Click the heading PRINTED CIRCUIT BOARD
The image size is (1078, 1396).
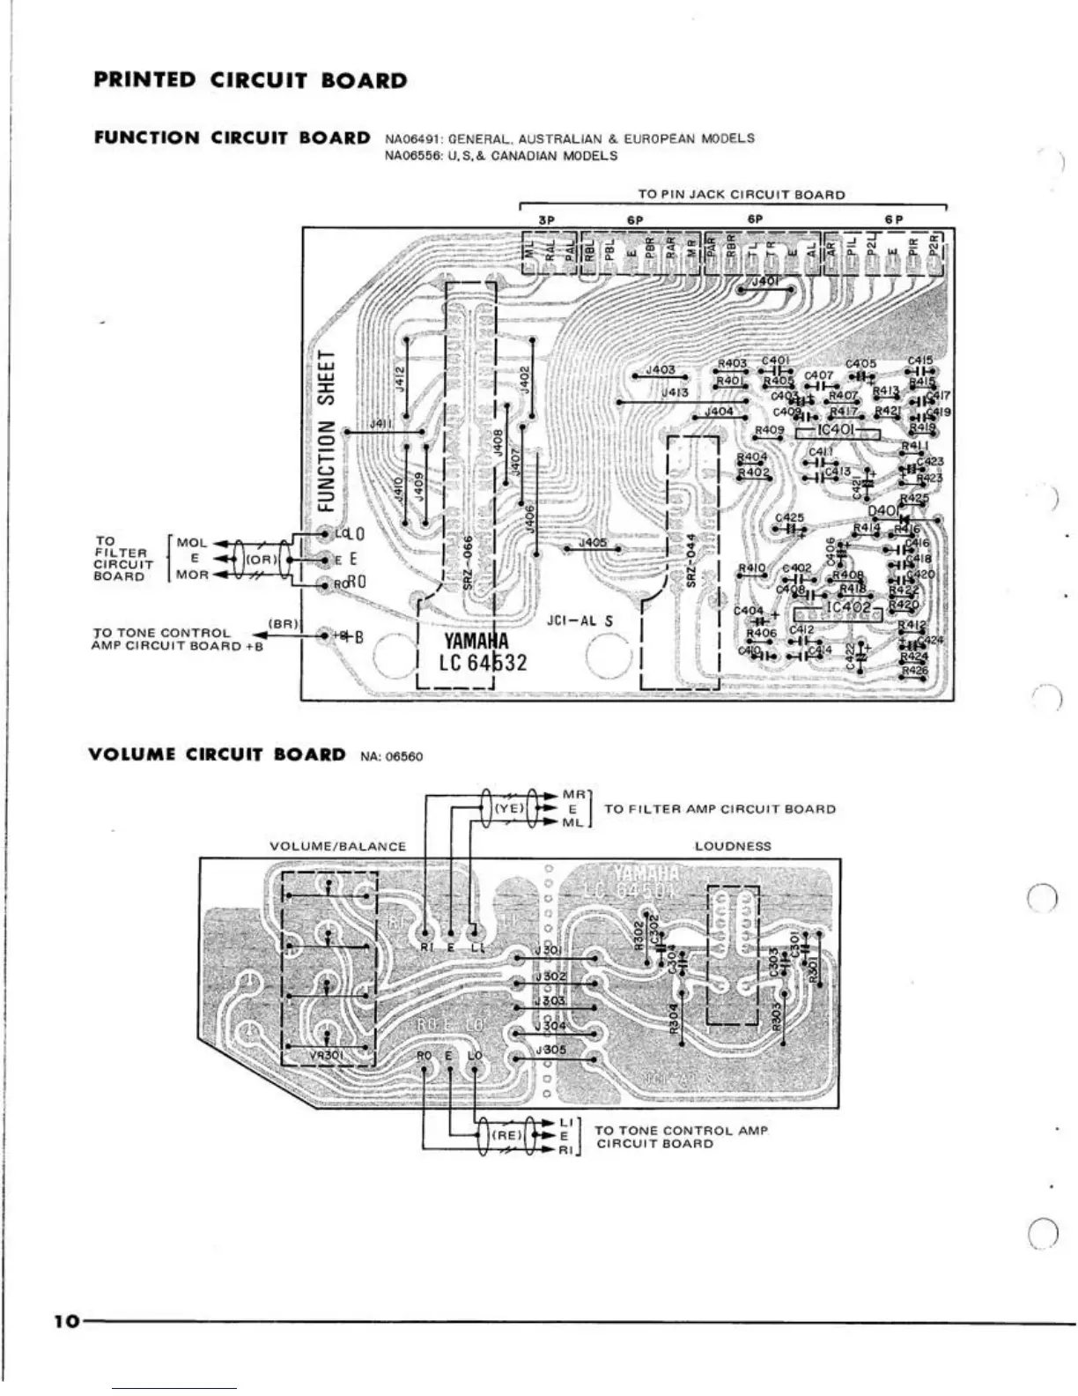pyautogui.click(x=250, y=81)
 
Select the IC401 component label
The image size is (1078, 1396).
pyautogui.click(x=836, y=430)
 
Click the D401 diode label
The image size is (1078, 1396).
pyautogui.click(x=883, y=511)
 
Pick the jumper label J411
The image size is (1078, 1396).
pyautogui.click(x=380, y=425)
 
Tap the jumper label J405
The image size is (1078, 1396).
pyautogui.click(x=594, y=543)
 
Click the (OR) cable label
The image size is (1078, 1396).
pyautogui.click(x=262, y=559)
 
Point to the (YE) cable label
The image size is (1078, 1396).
pyautogui.click(x=508, y=808)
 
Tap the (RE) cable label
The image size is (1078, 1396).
pyautogui.click(x=506, y=1136)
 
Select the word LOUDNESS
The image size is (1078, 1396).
pyautogui.click(x=733, y=846)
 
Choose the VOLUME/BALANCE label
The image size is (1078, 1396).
pyautogui.click(x=337, y=847)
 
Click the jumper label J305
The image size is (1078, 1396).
pyautogui.click(x=551, y=1050)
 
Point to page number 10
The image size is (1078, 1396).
pyautogui.click(x=65, y=1321)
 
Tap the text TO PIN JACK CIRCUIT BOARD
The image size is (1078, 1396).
pyautogui.click(x=741, y=195)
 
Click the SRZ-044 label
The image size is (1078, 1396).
pyautogui.click(x=692, y=561)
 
